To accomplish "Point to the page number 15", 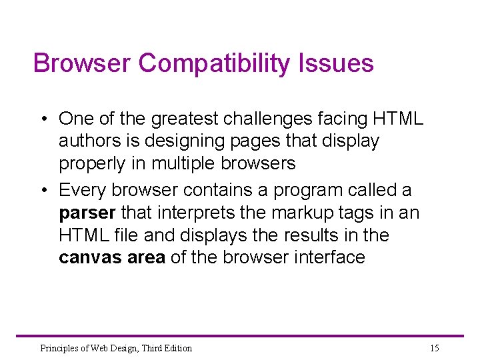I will click(435, 348).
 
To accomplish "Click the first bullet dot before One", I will click(43, 119).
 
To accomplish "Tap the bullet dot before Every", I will click(43, 191).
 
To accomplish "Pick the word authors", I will click(85, 141).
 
